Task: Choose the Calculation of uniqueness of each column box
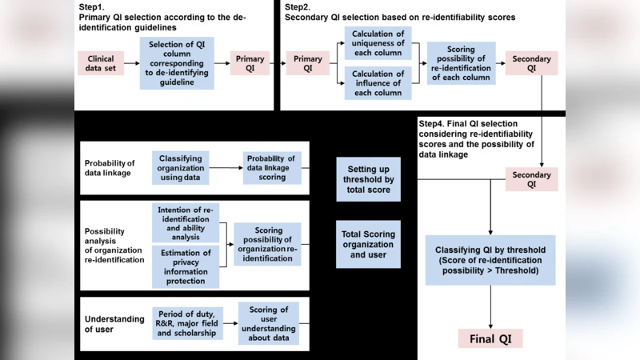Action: click(x=378, y=44)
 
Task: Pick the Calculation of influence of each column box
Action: click(x=378, y=82)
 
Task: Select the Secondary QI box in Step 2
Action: click(x=530, y=63)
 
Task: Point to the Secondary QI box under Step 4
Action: click(x=532, y=179)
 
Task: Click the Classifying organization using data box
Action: click(x=180, y=168)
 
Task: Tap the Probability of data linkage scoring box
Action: click(x=271, y=168)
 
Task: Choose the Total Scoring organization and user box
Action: click(x=367, y=244)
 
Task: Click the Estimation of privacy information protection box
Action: click(x=185, y=266)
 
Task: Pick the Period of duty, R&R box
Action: click(x=185, y=322)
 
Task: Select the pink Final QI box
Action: click(x=490, y=338)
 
